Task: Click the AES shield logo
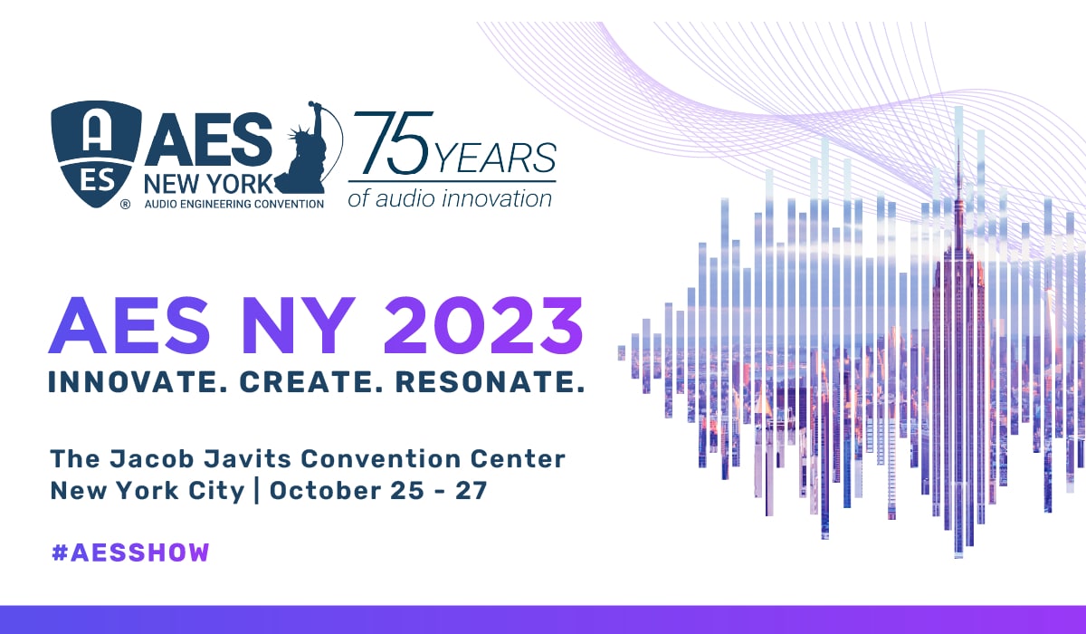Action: (x=96, y=153)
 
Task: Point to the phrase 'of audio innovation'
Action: (x=450, y=199)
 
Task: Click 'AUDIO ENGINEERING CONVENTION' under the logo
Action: (x=234, y=204)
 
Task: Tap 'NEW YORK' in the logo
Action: (x=209, y=184)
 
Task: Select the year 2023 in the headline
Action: (x=483, y=325)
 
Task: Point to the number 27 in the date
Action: (x=471, y=491)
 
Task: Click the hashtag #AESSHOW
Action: (x=130, y=552)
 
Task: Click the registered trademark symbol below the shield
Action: (x=125, y=205)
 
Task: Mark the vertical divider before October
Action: (x=256, y=490)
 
